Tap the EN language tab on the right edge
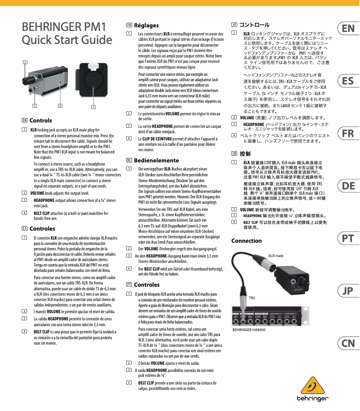pos(347,29)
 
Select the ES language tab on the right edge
pos(347,81)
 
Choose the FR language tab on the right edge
pos(347,134)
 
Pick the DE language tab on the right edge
pos(347,186)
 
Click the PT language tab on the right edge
pos(347,239)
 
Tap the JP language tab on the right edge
pos(347,291)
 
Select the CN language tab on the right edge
pos(347,344)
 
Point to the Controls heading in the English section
pos(40,121)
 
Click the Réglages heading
pos(146,26)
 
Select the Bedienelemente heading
pos(155,160)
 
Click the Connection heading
pos(246,241)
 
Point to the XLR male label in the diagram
pos(276,255)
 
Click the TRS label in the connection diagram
pos(252,298)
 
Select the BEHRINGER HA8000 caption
pos(249,330)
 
